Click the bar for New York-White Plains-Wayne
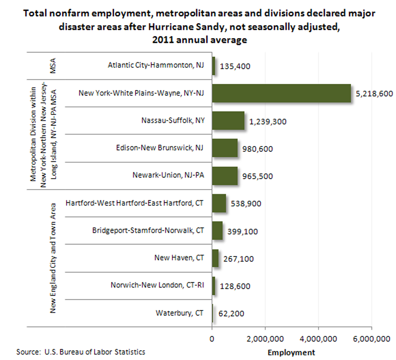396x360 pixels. (x=281, y=93)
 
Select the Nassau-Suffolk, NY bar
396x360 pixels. (x=228, y=121)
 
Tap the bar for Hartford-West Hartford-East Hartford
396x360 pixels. (x=219, y=203)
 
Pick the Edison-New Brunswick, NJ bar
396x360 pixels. (x=225, y=148)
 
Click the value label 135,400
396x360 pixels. (x=235, y=66)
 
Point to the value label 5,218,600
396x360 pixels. (x=374, y=94)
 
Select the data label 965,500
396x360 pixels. (x=257, y=176)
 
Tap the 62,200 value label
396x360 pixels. (x=231, y=313)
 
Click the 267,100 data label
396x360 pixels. (x=238, y=259)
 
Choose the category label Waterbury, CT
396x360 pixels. (x=179, y=313)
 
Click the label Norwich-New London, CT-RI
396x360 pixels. (x=157, y=285)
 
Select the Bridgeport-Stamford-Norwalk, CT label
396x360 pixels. (x=148, y=230)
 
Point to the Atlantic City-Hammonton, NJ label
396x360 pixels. (x=156, y=65)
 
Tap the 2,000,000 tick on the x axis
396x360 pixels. (x=265, y=339)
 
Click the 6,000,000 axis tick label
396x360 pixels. (x=372, y=339)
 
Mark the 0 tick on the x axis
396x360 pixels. (x=212, y=339)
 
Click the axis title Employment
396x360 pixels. (x=292, y=353)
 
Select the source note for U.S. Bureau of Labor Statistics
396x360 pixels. (x=81, y=352)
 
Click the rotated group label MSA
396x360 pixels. (x=53, y=66)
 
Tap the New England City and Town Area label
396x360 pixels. (x=53, y=258)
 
